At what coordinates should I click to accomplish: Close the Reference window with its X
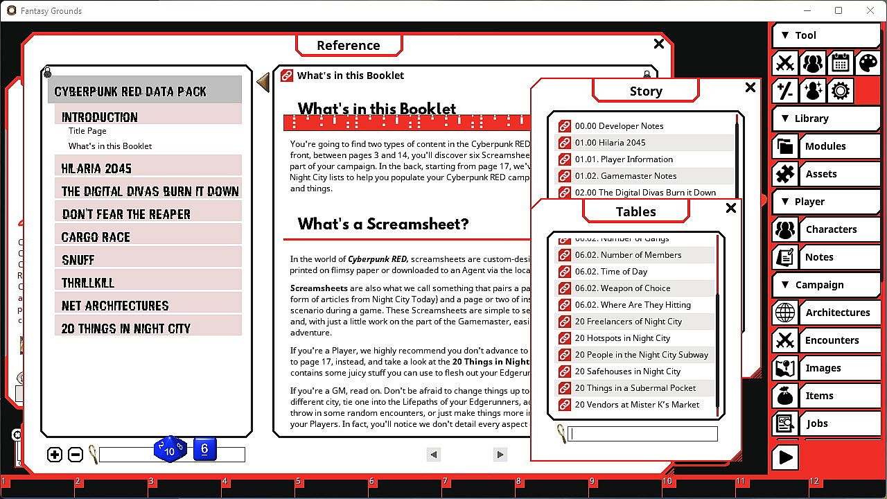coord(658,44)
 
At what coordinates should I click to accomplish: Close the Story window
coord(750,87)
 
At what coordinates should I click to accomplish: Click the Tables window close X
coord(730,208)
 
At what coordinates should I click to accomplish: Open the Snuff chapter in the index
coord(78,260)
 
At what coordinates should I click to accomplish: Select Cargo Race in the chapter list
coord(96,237)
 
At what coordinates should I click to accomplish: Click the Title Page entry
coord(87,131)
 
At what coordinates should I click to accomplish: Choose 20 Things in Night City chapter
coord(125,329)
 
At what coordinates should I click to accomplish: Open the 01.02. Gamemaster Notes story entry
coord(625,176)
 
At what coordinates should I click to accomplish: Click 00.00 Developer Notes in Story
coord(619,126)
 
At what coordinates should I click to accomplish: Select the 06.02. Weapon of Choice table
coord(622,288)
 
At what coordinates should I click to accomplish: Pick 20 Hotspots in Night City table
coord(622,338)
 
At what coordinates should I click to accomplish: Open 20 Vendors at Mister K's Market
coord(637,405)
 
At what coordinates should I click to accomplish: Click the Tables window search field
coord(642,435)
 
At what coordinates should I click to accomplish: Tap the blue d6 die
coord(204,449)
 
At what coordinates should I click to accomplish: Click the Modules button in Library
coord(825,146)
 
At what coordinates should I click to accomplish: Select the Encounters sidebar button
coord(832,340)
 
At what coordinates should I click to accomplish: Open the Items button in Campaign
coord(819,396)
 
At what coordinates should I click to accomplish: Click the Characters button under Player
coord(831,229)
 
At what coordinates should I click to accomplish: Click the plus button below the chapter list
coord(55,455)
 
